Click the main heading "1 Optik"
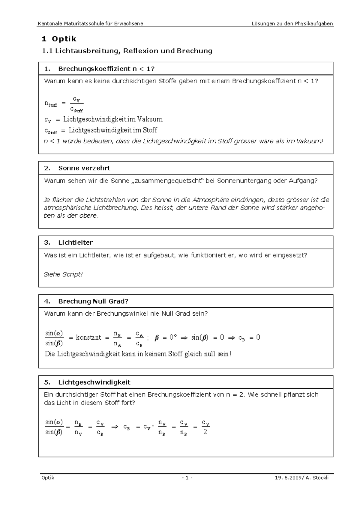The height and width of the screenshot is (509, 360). coord(59,39)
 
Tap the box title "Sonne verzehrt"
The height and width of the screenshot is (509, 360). coord(84,168)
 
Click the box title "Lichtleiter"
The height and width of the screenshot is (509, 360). coord(76,243)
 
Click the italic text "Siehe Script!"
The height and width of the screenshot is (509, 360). coord(63,274)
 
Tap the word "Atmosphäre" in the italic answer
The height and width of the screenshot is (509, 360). coord(209,200)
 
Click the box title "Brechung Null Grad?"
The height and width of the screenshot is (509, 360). coord(93,301)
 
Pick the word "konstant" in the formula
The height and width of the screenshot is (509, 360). coord(88,338)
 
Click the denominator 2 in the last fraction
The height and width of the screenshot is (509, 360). coord(205,432)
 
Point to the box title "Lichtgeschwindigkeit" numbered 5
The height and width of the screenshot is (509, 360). coord(94,382)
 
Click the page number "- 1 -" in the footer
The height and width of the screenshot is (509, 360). coord(187,478)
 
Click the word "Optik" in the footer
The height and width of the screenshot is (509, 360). coord(48,478)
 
